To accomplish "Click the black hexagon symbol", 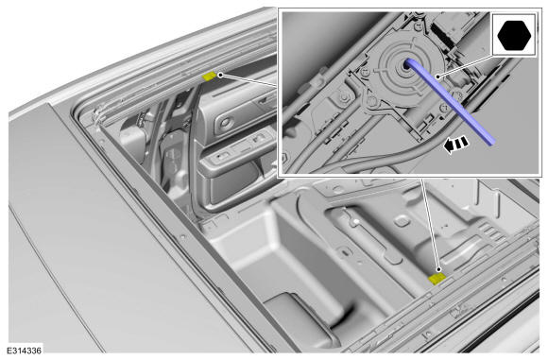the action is (x=514, y=35).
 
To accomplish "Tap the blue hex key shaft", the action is (x=450, y=101).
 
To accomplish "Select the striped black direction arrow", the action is (x=455, y=145).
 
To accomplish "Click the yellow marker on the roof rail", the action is (x=210, y=77).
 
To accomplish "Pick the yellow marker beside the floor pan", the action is (x=437, y=279).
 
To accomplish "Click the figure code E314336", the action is (x=24, y=351).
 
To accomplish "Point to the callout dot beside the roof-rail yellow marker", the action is (x=220, y=75).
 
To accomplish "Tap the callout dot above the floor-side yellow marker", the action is (x=438, y=269).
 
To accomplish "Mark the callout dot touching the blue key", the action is (x=437, y=77).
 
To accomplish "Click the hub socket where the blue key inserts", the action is (x=406, y=64).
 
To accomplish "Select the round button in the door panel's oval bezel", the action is (x=225, y=123).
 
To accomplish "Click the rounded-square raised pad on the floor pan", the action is (x=402, y=221).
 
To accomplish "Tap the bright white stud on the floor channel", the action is (x=355, y=221).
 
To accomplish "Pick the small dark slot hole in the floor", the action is (x=345, y=251).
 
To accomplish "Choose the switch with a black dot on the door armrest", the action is (x=220, y=156).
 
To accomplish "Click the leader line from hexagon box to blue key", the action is (x=466, y=65).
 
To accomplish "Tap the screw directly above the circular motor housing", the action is (x=417, y=26).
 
